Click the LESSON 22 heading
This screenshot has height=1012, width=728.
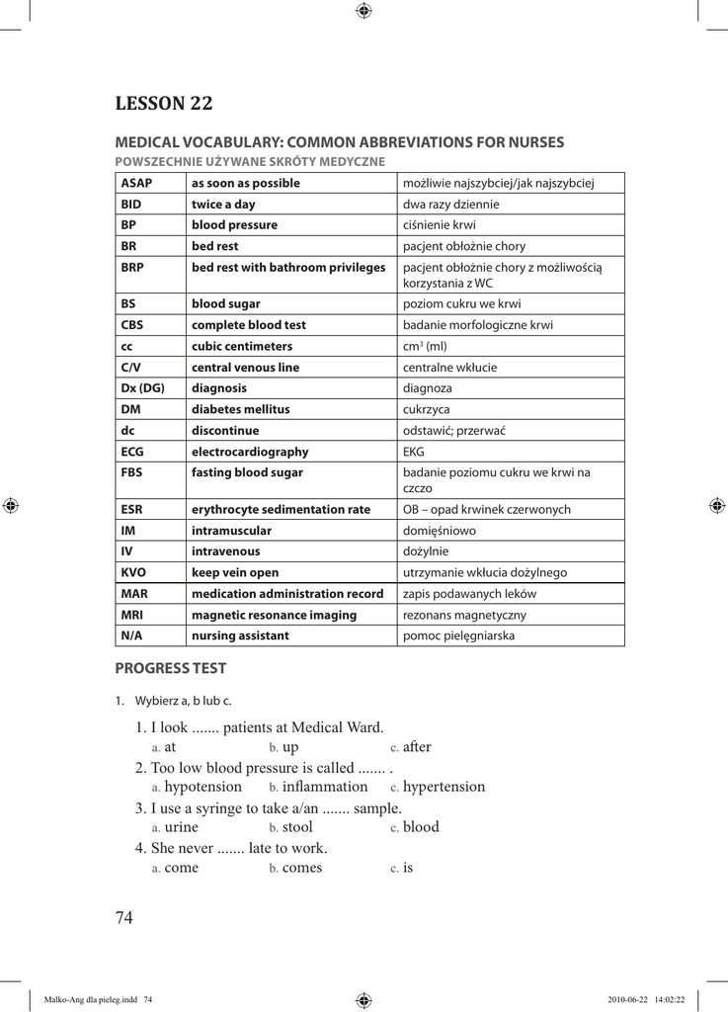coord(164,103)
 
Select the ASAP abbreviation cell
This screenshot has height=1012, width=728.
coord(136,183)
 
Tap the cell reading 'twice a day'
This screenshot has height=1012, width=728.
coord(223,204)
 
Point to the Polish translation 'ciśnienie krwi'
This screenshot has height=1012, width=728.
coord(440,224)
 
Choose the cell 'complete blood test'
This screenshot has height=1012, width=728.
coord(248,324)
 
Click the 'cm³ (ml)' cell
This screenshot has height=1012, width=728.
coord(425,346)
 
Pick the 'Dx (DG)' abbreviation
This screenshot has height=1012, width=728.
coord(142,387)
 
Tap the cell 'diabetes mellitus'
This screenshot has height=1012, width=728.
coord(241,408)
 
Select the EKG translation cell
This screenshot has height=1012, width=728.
coord(414,451)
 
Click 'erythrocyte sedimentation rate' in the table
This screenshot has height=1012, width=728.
coord(281,509)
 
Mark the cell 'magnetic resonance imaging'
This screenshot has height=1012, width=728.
coord(274,614)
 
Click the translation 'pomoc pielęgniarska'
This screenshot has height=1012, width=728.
coord(458,635)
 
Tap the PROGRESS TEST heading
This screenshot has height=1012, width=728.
coord(171,668)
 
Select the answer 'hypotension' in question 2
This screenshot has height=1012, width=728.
coord(202,787)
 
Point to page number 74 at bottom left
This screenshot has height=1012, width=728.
coord(123,918)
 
